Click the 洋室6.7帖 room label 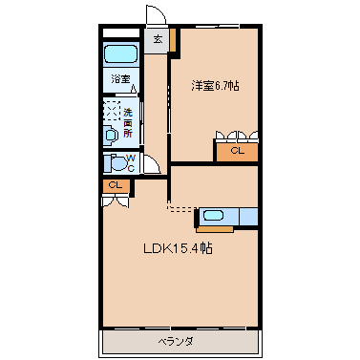pos(215,85)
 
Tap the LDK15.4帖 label pos(178,248)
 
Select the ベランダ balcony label pos(176,342)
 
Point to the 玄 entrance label pos(158,39)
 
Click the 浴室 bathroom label pos(120,78)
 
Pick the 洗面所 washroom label pos(128,123)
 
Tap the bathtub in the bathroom pos(121,53)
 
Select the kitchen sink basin pos(213,216)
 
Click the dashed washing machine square pos(112,111)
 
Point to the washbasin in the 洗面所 pos(111,136)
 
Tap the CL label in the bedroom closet pos(237,151)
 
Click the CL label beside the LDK pos(116,185)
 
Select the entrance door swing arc pos(161,11)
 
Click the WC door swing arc pos(155,161)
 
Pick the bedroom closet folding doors pos(237,136)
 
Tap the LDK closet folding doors pos(116,201)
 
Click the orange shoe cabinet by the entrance pos(172,40)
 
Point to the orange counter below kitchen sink pos(215,228)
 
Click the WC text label pos(131,163)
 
